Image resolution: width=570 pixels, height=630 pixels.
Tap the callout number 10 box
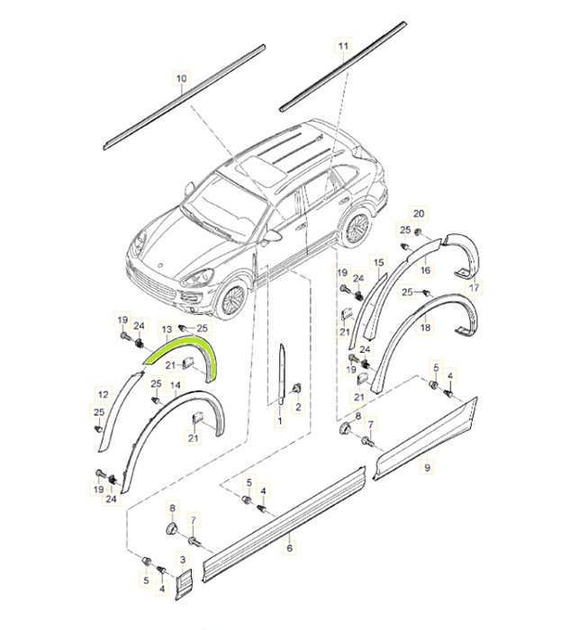pyautogui.click(x=181, y=79)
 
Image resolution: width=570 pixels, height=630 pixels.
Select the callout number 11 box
pyautogui.click(x=342, y=44)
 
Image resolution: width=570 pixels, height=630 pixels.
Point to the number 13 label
pyautogui.click(x=167, y=329)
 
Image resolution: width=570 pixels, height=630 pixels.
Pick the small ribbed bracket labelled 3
pyautogui.click(x=183, y=583)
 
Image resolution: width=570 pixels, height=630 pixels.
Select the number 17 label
pyautogui.click(x=475, y=288)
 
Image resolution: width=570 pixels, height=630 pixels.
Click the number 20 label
pyautogui.click(x=417, y=212)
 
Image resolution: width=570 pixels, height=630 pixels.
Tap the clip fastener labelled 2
pyautogui.click(x=297, y=389)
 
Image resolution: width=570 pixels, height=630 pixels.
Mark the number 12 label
pyautogui.click(x=102, y=392)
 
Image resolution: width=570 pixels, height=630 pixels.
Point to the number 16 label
pyautogui.click(x=426, y=269)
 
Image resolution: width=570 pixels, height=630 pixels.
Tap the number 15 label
pyautogui.click(x=379, y=262)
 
